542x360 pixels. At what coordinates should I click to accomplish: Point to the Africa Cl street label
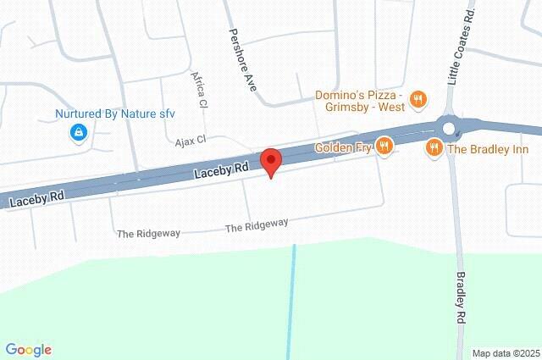tap(200, 88)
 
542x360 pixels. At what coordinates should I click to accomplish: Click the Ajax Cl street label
tap(191, 141)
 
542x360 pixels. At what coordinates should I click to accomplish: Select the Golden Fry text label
tap(344, 147)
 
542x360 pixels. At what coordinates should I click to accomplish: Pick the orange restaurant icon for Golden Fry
tap(384, 147)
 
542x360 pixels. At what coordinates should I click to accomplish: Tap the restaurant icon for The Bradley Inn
tap(434, 148)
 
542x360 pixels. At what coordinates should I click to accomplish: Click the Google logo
tap(28, 349)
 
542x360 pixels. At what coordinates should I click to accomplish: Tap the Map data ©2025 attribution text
tap(505, 353)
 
